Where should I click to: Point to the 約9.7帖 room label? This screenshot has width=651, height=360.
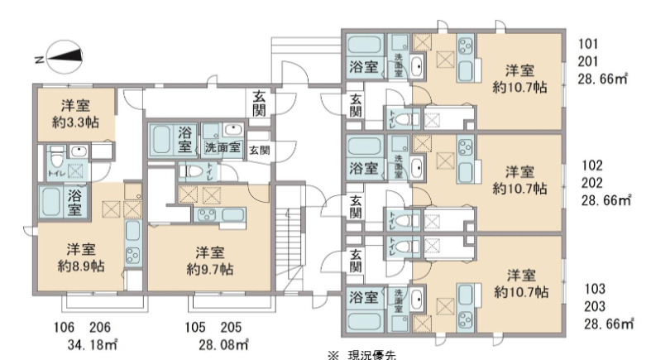(208, 269)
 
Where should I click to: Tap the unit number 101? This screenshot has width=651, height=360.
(589, 44)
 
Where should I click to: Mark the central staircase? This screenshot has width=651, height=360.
(290, 248)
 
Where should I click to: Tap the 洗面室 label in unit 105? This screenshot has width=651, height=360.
(223, 149)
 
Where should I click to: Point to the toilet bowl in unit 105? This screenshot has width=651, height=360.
(196, 171)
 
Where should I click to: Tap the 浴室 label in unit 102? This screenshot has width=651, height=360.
(364, 169)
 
